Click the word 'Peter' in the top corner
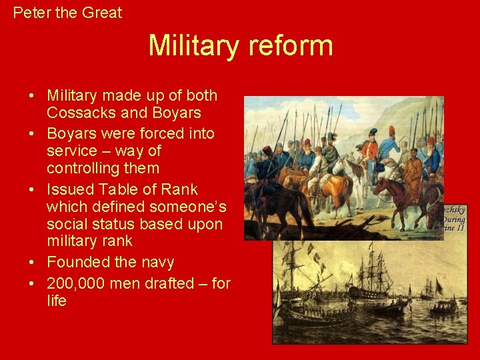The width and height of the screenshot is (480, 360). click(x=30, y=12)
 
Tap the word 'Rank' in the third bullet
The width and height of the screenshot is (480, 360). click(x=179, y=189)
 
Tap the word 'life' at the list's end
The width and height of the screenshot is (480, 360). click(x=57, y=301)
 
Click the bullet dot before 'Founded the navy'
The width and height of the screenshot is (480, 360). click(x=32, y=262)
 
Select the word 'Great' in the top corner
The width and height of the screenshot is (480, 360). click(x=102, y=12)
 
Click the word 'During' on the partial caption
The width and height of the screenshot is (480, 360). click(x=453, y=219)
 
